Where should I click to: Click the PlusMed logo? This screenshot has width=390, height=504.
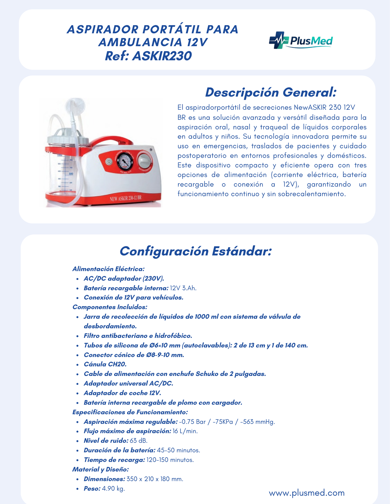[x=301, y=40]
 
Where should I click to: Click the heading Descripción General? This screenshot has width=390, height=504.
[x=271, y=92]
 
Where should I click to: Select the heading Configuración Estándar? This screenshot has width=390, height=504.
[x=195, y=251]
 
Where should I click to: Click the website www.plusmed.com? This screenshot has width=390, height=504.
[x=306, y=493]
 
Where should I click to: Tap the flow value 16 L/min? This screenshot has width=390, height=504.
[x=185, y=431]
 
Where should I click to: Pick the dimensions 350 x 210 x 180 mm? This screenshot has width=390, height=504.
[x=155, y=479]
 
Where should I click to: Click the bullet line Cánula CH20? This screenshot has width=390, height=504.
[x=105, y=364]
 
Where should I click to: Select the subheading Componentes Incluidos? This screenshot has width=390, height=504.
[x=110, y=307]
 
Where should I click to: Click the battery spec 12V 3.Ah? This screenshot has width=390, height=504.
[x=183, y=288]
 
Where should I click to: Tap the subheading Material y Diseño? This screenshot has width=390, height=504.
[x=100, y=469]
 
